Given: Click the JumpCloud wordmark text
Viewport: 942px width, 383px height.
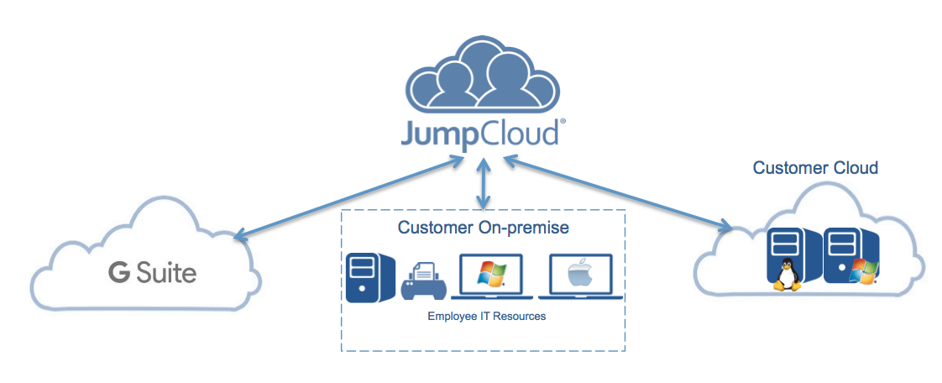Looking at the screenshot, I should (480, 135).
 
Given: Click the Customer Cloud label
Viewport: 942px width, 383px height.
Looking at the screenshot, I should (814, 168).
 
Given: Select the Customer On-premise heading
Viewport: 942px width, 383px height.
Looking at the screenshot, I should (483, 228).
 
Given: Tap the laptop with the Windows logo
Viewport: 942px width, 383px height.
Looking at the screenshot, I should (491, 275).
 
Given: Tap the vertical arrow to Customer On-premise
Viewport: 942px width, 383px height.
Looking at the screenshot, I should (482, 186).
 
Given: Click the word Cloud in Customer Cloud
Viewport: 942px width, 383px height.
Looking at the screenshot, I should (854, 168).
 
